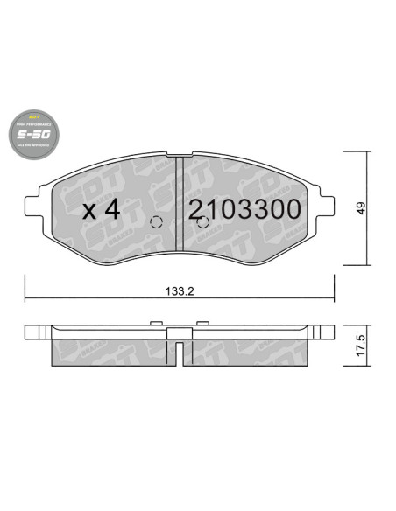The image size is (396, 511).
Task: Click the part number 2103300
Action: tap(244, 209)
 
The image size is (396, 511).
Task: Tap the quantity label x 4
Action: tap(102, 210)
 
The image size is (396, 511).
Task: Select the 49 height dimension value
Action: tap(360, 208)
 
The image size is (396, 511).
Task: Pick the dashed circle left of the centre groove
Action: tap(158, 220)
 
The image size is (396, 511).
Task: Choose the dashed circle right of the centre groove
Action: tap(202, 220)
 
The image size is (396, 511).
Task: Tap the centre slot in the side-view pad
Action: tap(180, 353)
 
